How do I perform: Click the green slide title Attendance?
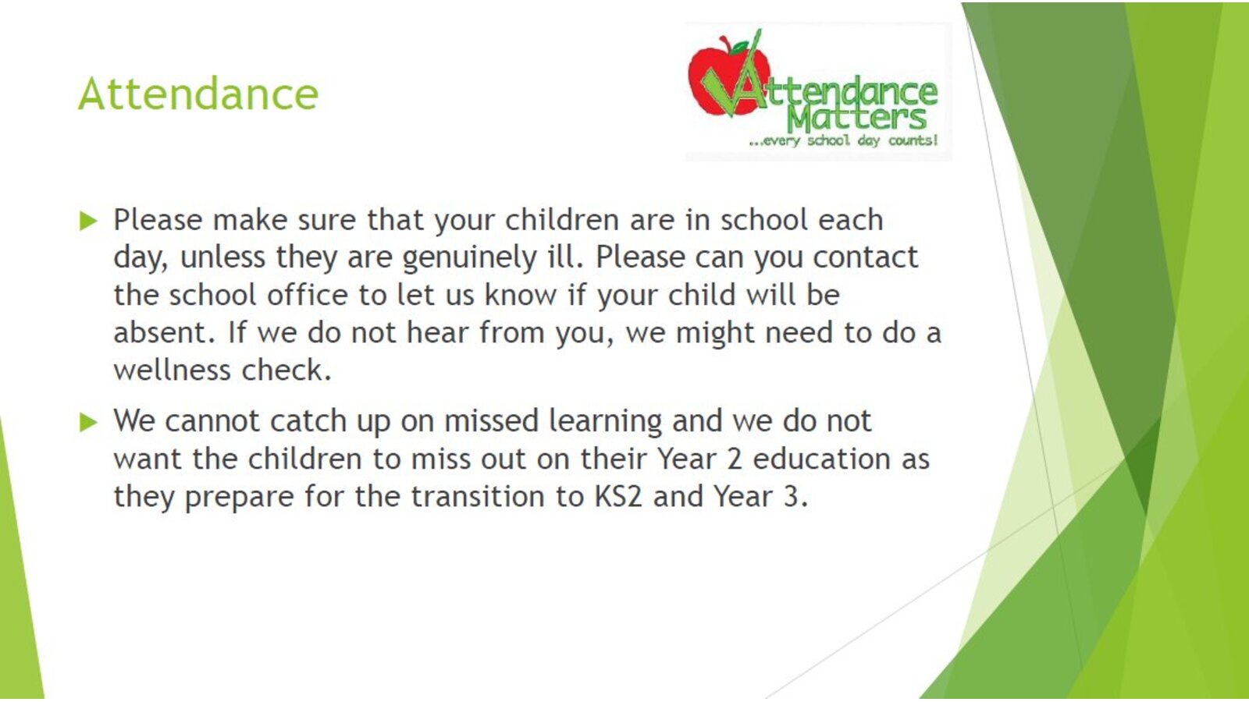[198, 94]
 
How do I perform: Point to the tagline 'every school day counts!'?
[843, 140]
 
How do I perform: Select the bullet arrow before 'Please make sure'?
[89, 221]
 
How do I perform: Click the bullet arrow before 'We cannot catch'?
[89, 422]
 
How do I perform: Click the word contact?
[865, 257]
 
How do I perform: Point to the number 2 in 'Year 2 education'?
[735, 459]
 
